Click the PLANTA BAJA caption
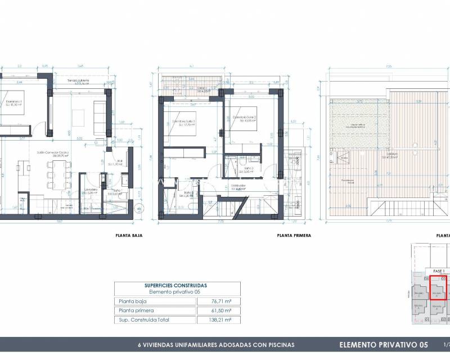129,236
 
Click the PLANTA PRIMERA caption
294,236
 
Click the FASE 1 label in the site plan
436,271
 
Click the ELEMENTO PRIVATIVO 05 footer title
384,344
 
